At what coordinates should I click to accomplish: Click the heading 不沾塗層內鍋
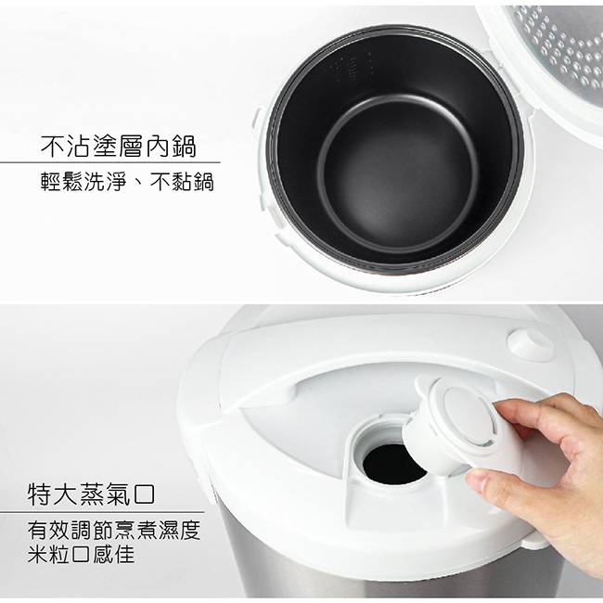(x=119, y=147)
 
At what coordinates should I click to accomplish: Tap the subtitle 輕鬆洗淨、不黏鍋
(x=127, y=182)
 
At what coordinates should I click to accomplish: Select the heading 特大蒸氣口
(x=91, y=494)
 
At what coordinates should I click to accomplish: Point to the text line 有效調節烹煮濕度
(x=114, y=531)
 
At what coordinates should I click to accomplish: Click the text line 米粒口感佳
(x=81, y=554)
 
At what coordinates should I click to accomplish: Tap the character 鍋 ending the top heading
(x=185, y=147)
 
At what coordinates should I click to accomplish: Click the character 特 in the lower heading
(x=40, y=494)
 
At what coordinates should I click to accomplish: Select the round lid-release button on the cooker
(x=531, y=343)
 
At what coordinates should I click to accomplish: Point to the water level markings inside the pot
(x=352, y=70)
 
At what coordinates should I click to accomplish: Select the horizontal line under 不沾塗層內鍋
(x=110, y=162)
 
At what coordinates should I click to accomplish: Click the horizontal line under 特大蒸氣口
(x=102, y=512)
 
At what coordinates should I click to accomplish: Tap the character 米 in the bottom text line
(x=38, y=554)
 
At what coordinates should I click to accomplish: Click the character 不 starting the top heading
(x=53, y=147)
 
